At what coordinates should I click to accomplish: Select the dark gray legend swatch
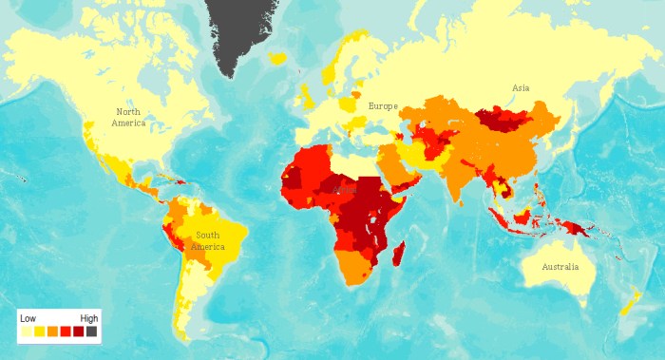point(91,332)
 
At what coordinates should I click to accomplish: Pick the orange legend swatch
point(52,332)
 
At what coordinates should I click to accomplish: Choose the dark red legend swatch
point(78,332)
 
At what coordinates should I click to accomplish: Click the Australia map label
point(560,267)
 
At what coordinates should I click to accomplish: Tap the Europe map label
point(383,106)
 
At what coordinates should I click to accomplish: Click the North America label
point(128,117)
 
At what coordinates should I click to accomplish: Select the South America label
point(208,240)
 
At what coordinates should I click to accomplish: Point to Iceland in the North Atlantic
point(277,59)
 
